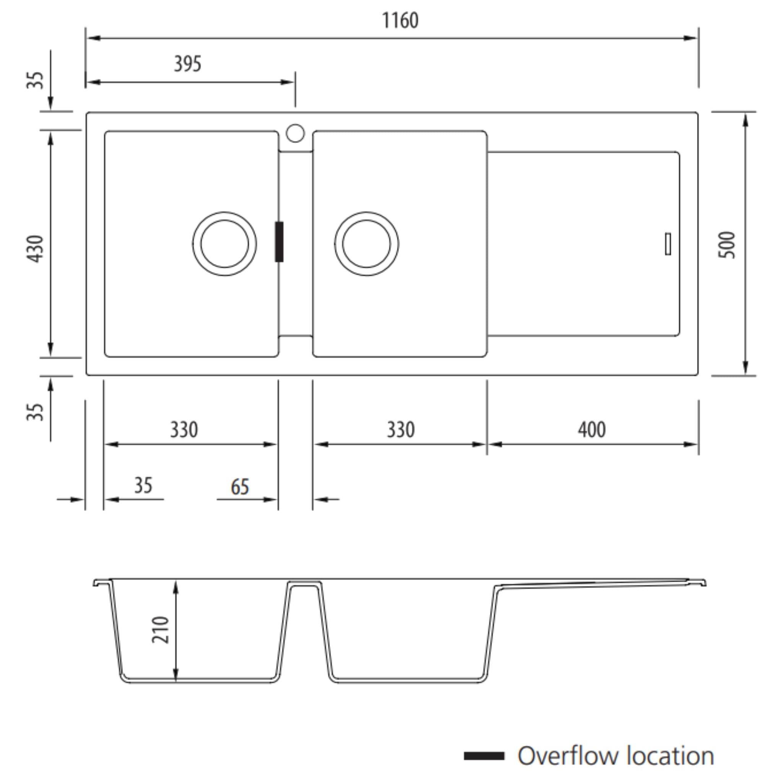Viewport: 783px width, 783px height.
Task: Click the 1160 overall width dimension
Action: (x=400, y=20)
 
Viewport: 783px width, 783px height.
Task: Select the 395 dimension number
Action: (x=187, y=64)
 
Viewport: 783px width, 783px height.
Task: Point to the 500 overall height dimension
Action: (x=726, y=245)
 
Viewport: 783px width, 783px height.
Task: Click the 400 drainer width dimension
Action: (x=591, y=430)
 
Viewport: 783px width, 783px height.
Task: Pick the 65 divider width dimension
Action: (x=239, y=487)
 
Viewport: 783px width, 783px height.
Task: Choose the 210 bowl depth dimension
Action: (x=161, y=629)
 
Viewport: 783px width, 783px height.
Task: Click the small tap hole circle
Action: (x=295, y=133)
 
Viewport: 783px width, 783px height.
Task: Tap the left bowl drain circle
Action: (x=224, y=244)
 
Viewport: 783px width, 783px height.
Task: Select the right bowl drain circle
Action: (x=366, y=244)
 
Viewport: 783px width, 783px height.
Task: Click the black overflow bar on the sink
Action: (x=279, y=242)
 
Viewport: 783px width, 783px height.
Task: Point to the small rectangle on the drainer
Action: (x=668, y=244)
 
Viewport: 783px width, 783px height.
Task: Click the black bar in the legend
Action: (x=484, y=756)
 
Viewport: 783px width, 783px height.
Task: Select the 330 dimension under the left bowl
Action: (x=184, y=430)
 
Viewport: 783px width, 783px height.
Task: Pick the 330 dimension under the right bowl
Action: (x=400, y=430)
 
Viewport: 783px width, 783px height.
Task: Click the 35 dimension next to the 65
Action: (x=143, y=486)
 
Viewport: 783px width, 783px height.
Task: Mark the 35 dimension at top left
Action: (x=35, y=80)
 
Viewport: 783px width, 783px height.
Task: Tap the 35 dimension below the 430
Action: (x=35, y=412)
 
